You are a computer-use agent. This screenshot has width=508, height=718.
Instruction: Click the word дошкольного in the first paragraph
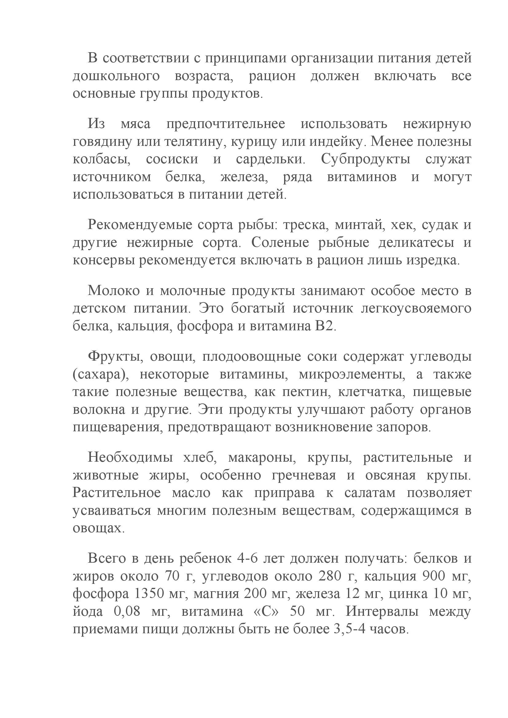[x=116, y=76]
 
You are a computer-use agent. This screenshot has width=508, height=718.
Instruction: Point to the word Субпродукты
[x=365, y=159]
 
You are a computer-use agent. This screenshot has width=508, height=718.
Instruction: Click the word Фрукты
[x=115, y=357]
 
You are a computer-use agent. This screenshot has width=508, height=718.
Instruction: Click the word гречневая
[x=304, y=475]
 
